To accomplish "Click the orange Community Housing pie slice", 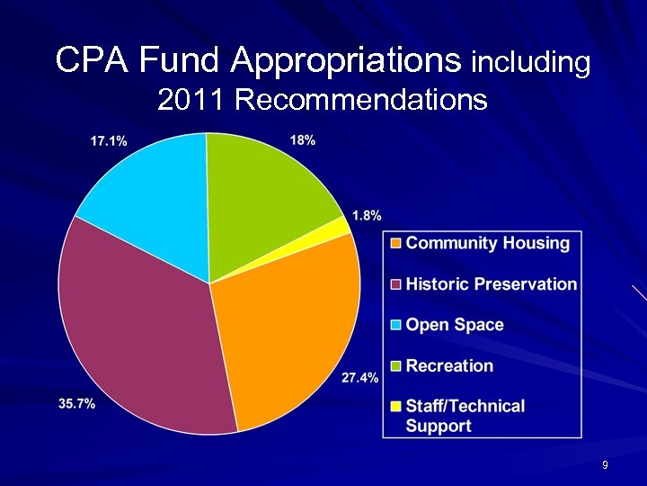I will pos(288,333).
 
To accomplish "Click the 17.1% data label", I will pos(108,140).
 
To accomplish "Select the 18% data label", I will pos(303,139).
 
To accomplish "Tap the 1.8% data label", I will pos(367,215).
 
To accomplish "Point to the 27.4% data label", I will pos(360,378).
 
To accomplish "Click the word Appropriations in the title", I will pos(346,61).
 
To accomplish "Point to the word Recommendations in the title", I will pos(360,99).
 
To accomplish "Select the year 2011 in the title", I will pos(191,99).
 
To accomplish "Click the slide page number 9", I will pos(606,465).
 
